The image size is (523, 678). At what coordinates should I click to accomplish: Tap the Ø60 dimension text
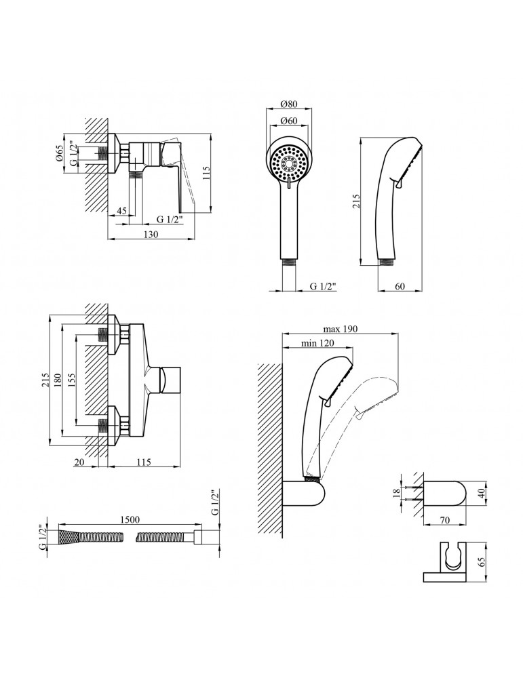tap(290, 121)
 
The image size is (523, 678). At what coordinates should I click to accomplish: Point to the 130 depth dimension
tap(151, 234)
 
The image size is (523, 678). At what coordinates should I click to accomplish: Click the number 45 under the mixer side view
tap(122, 211)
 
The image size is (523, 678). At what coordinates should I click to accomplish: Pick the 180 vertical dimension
tap(58, 381)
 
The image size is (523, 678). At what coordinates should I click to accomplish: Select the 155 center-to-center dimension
tap(71, 381)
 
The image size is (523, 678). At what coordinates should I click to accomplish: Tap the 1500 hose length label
tap(130, 520)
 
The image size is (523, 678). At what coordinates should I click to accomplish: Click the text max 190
tap(341, 330)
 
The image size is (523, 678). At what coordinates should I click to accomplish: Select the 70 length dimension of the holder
tap(444, 521)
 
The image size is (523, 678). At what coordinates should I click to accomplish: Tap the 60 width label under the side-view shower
tap(400, 286)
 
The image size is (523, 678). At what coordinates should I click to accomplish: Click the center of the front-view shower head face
tap(290, 163)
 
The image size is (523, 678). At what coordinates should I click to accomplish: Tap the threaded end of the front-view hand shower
tap(290, 260)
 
